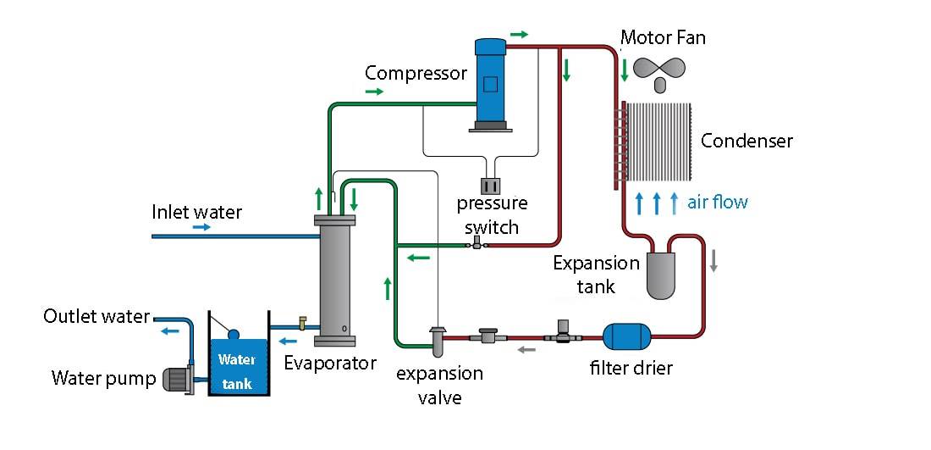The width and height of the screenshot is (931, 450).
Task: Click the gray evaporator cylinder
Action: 334,280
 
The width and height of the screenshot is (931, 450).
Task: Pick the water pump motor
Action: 178,379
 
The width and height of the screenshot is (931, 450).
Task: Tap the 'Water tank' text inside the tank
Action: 238,371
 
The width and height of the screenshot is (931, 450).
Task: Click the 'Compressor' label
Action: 416,73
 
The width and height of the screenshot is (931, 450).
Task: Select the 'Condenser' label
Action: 746,141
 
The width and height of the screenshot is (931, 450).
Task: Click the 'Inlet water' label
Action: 196,212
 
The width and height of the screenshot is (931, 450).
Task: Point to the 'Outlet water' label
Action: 96,317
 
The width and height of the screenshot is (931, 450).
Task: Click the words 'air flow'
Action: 718,202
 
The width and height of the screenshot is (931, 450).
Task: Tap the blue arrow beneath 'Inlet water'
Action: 201,228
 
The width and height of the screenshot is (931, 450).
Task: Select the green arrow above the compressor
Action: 519,35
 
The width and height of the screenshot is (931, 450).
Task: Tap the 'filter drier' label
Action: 631,368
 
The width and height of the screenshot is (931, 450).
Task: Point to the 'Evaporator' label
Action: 330,364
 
